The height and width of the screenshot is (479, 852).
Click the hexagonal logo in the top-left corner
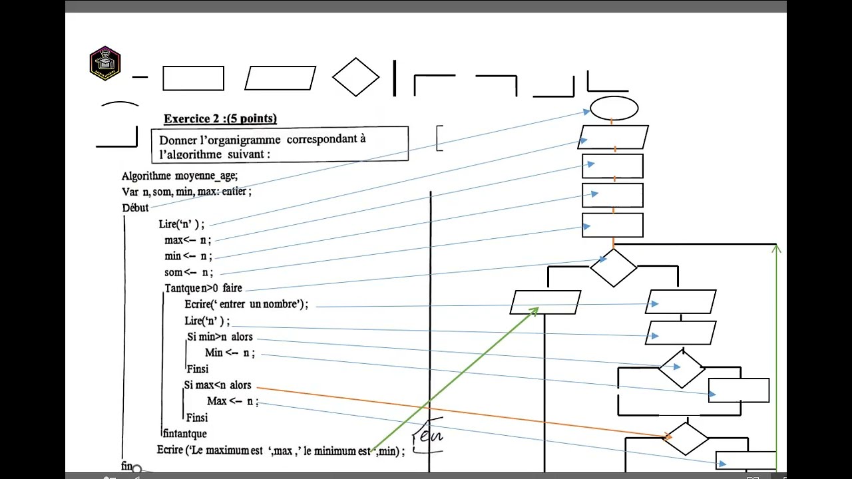tap(105, 63)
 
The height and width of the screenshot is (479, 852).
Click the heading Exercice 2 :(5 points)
tap(220, 118)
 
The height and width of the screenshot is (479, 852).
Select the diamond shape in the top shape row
tap(355, 77)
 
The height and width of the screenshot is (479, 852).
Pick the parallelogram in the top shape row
tap(280, 78)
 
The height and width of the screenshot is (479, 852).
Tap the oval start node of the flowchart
tap(614, 108)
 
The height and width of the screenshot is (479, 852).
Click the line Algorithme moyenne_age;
tap(179, 176)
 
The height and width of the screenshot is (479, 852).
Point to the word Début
tap(135, 208)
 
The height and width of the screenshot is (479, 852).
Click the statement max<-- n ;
tap(188, 240)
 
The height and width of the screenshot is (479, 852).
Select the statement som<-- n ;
tap(188, 272)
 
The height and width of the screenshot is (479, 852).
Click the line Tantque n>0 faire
tap(203, 288)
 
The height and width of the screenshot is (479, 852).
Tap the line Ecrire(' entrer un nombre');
tap(246, 304)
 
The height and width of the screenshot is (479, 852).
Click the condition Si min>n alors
tap(220, 337)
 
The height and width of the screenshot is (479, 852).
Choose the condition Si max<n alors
tap(218, 385)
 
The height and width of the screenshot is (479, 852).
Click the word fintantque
tap(184, 434)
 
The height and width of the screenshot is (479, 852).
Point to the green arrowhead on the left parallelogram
tap(535, 310)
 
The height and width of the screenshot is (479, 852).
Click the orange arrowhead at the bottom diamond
tap(668, 436)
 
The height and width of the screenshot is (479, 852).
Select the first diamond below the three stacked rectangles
tap(613, 267)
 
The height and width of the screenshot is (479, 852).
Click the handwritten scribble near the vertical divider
tap(429, 436)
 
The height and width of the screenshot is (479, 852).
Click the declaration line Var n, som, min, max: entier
tap(186, 192)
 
